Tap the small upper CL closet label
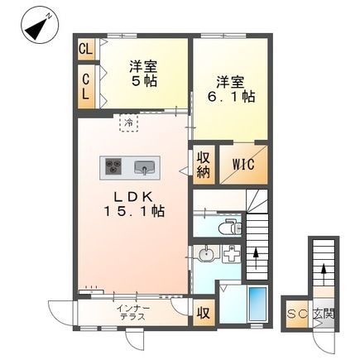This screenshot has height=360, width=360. pyautogui.click(x=85, y=49)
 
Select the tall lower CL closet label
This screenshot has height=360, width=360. pyautogui.click(x=85, y=87)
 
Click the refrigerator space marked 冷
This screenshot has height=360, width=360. pyautogui.click(x=129, y=123)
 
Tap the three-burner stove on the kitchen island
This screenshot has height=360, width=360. pyautogui.click(x=112, y=168)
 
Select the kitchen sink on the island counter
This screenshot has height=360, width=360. pyautogui.click(x=145, y=169)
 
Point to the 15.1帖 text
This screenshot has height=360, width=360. pyautogui.click(x=134, y=212)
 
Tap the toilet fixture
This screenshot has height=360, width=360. pyautogui.click(x=228, y=223)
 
